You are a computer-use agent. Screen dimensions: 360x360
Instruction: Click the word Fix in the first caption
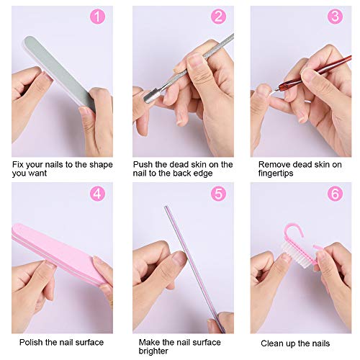19,164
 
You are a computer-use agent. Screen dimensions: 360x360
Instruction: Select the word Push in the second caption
144,164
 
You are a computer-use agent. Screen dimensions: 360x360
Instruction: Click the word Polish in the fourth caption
32,342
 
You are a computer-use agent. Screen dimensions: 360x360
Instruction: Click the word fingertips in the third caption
278,174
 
